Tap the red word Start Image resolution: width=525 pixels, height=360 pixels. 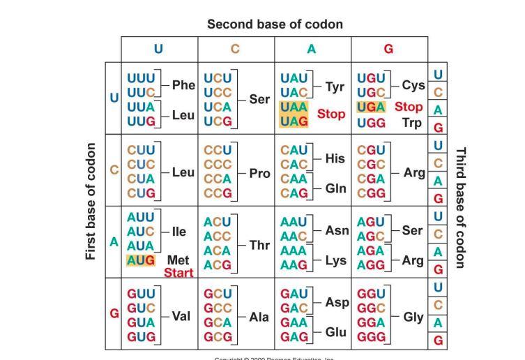coord(178,273)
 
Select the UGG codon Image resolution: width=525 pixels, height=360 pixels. coord(371,123)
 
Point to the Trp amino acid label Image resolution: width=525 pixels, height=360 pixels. coord(413,123)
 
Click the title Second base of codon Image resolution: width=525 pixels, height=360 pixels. coord(275,24)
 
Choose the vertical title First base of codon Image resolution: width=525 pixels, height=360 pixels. coord(91,202)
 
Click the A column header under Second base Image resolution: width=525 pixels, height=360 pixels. coord(312,49)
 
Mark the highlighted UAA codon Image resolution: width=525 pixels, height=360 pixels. coord(294,107)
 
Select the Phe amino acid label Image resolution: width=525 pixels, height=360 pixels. coord(183,85)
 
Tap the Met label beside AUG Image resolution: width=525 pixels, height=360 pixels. coord(178,260)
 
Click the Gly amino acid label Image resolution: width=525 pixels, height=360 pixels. coord(413,316)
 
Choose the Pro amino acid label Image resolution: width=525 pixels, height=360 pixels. coord(259,173)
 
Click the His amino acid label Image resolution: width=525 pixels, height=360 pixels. coord(335,159)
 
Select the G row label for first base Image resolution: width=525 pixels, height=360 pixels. coord(114,313)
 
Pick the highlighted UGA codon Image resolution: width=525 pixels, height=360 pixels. coord(371,107)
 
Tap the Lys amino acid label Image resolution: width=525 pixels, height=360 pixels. coord(336,260)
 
